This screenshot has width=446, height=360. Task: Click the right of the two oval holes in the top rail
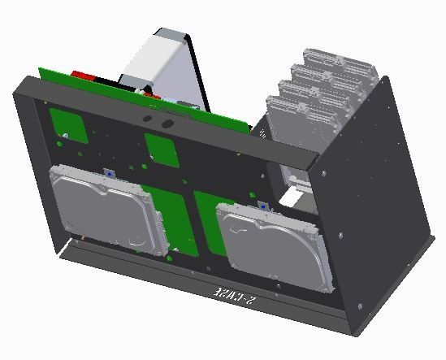tap(168, 124)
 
